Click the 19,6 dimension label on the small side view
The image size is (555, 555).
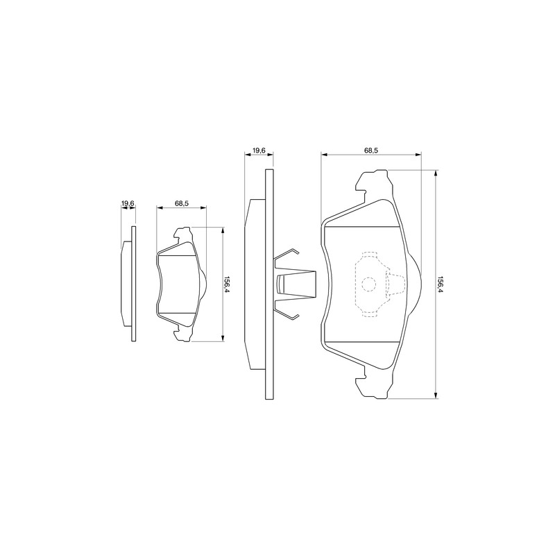(128, 203)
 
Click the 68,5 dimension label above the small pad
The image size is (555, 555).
(181, 203)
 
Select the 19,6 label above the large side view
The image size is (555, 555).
(259, 151)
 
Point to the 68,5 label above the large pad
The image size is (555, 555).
(371, 150)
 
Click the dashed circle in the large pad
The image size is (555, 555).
(368, 284)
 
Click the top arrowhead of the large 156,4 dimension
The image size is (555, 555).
(436, 173)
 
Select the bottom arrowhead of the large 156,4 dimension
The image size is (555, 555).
(436, 395)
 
